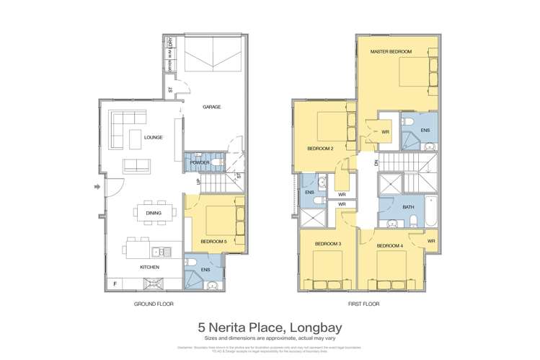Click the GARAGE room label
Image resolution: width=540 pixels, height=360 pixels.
tap(211, 107)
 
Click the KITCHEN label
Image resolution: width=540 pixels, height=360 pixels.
tap(149, 267)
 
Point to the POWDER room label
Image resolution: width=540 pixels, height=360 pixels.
tap(200, 163)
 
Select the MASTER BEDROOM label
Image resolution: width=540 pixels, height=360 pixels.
tap(391, 52)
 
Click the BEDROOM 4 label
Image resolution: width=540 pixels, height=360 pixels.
tap(389, 245)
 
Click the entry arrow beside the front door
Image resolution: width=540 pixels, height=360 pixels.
tap(97, 188)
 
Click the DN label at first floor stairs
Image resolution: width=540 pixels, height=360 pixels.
tap(374, 162)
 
